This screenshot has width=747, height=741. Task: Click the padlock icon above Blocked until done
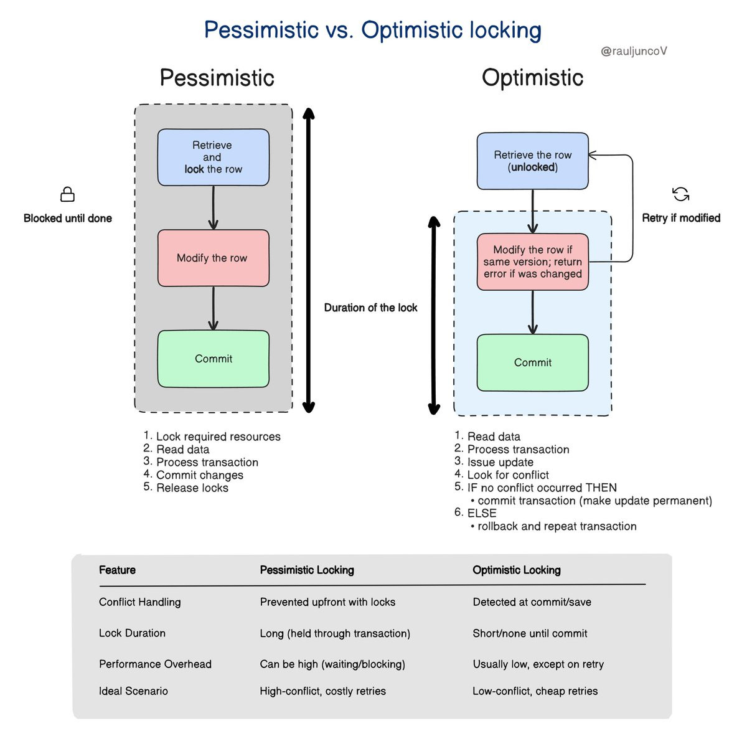(67, 194)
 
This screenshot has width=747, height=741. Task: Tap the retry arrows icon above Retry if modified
(681, 194)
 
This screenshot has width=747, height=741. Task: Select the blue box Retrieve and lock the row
(213, 158)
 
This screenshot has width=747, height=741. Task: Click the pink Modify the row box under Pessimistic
(213, 258)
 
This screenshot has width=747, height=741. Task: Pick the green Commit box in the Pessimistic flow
(213, 359)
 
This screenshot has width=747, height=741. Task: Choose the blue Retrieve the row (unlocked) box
(532, 161)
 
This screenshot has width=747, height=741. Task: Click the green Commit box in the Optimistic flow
(532, 362)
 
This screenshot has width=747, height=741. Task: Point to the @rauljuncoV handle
(634, 51)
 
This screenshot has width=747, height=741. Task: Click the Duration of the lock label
(370, 308)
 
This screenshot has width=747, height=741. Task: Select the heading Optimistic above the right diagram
(532, 78)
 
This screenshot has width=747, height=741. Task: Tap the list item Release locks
(192, 488)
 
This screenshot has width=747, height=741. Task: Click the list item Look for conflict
(508, 475)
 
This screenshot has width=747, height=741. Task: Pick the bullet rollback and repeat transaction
(557, 526)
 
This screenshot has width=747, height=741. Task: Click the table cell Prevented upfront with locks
(327, 602)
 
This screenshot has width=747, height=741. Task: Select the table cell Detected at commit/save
(532, 602)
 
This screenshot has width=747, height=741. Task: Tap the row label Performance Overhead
(155, 664)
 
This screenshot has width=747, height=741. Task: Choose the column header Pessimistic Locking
(307, 570)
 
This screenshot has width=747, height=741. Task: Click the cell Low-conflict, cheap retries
(535, 691)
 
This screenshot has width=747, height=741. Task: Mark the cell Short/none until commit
(530, 633)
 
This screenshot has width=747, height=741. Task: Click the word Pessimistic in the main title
(261, 30)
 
